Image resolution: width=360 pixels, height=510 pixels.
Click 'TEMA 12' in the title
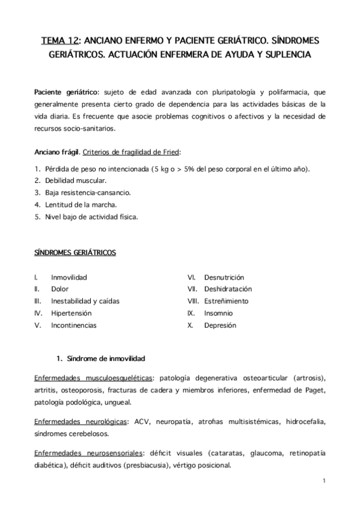[59, 41]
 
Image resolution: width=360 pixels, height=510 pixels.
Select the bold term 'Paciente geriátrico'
[64, 92]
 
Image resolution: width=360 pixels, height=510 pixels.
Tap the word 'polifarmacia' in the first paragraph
[290, 92]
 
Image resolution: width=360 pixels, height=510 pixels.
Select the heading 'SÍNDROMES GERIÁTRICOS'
[75, 253]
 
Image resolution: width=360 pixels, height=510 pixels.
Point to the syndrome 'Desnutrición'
[224, 277]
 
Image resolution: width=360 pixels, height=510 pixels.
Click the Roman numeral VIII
[193, 301]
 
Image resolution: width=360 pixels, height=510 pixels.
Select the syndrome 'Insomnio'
[219, 313]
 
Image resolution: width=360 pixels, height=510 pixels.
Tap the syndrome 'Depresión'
[221, 325]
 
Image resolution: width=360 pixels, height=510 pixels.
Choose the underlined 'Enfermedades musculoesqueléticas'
[93, 378]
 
